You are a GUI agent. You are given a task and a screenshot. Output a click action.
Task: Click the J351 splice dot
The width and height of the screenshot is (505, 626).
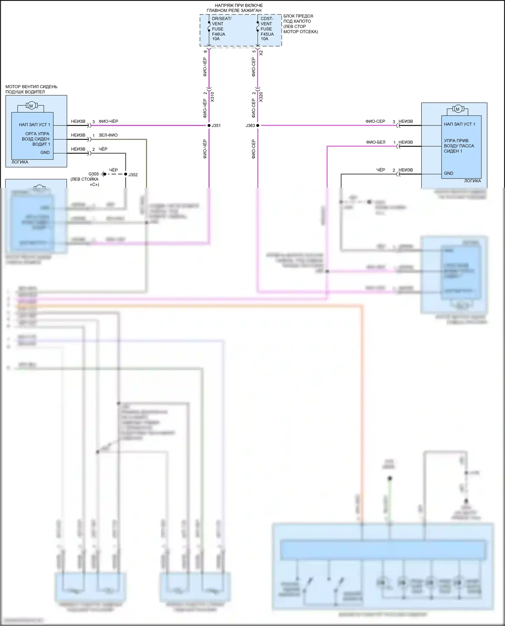click(x=209, y=125)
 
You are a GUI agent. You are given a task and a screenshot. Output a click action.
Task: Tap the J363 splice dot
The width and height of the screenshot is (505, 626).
click(x=258, y=125)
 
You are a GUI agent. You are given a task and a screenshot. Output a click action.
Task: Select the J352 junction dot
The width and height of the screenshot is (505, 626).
click(x=126, y=174)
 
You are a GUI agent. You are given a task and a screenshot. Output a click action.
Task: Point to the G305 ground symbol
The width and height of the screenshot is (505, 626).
click(x=104, y=174)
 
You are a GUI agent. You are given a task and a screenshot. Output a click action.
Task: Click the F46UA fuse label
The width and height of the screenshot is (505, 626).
click(x=218, y=34)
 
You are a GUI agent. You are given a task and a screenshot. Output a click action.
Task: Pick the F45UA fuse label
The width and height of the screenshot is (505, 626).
click(x=267, y=34)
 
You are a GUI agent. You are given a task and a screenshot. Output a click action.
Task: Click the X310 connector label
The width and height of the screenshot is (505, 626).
click(x=212, y=97)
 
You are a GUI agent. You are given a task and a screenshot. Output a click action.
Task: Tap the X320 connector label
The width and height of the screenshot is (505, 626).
click(x=261, y=97)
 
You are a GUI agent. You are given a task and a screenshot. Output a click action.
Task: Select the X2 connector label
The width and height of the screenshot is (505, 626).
click(x=261, y=53)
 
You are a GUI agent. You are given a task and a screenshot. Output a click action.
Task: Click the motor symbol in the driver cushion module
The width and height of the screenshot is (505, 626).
click(x=31, y=106)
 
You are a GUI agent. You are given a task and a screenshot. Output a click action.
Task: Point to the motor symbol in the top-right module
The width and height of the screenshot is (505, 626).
click(x=457, y=109)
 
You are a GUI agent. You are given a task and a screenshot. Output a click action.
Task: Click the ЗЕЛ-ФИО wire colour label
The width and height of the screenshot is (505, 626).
click(x=108, y=135)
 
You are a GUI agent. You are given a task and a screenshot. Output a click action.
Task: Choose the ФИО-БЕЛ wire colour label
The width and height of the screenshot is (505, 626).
click(x=376, y=142)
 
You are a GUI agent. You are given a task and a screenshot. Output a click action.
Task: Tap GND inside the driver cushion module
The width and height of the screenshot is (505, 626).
click(x=45, y=152)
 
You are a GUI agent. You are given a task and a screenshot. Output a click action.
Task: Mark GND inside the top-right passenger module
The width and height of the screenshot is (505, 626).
click(x=448, y=173)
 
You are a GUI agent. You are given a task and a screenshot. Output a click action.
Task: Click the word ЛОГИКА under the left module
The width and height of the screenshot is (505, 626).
click(x=20, y=162)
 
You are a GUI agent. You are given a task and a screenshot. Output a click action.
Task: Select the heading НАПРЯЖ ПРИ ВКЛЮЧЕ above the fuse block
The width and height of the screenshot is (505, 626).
click(x=239, y=5)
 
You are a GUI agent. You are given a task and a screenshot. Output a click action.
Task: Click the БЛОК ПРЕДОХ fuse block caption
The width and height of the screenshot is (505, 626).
click(x=298, y=16)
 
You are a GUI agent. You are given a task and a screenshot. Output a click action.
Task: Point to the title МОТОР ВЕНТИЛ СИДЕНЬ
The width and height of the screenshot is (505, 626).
click(x=31, y=87)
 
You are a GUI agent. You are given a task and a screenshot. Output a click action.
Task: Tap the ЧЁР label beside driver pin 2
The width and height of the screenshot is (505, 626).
click(x=103, y=149)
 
